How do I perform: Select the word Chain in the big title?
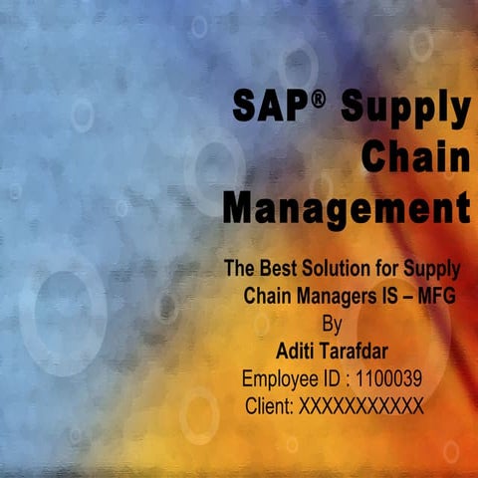pyautogui.click(x=415, y=157)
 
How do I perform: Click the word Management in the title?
pyautogui.click(x=346, y=208)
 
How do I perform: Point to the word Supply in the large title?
pyautogui.click(x=405, y=108)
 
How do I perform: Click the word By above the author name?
pyautogui.click(x=338, y=323)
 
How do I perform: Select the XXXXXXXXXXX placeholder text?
pyautogui.click(x=360, y=405)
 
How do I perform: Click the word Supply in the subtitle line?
pyautogui.click(x=432, y=269)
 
